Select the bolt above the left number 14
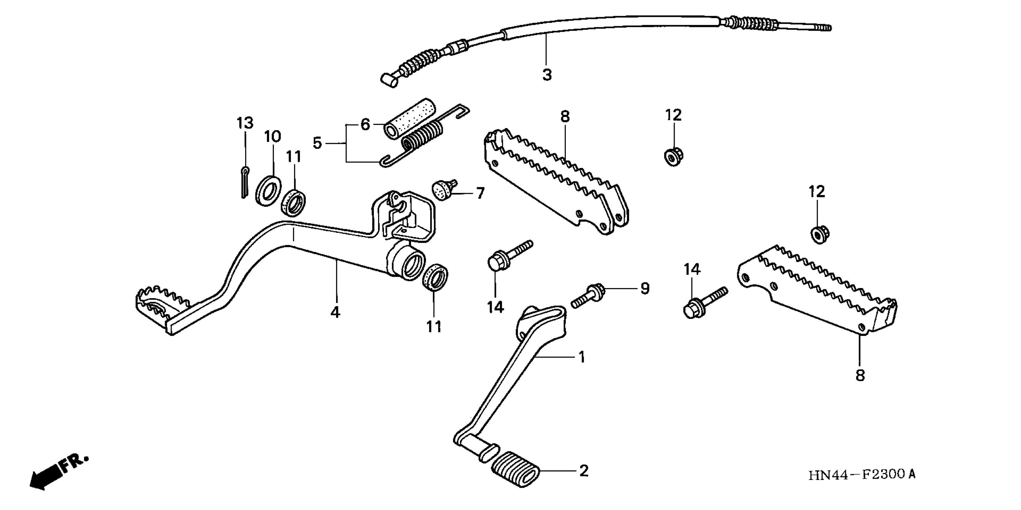pyautogui.click(x=509, y=254)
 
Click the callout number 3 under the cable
pyautogui.click(x=547, y=74)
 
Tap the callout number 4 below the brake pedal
pyautogui.click(x=335, y=312)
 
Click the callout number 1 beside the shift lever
pyautogui.click(x=581, y=357)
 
